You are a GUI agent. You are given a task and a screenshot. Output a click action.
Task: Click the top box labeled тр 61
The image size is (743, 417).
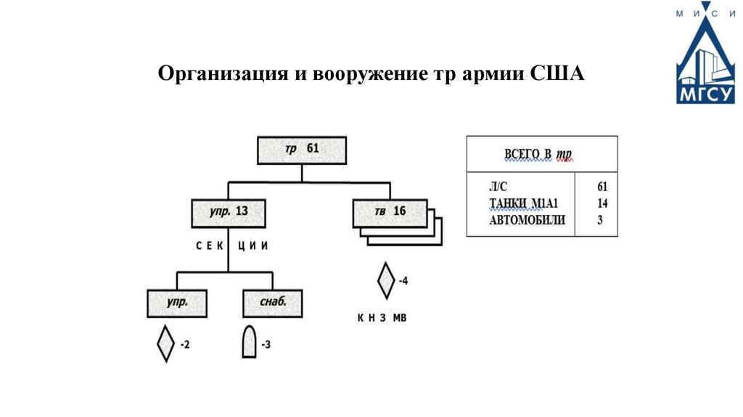tap(302, 150)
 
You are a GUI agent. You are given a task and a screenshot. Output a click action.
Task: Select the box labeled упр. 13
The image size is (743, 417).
tap(227, 212)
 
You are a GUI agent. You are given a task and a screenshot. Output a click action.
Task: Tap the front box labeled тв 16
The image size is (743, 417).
tap(390, 212)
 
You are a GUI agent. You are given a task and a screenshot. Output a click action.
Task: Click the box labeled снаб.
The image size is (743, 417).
tap(272, 303)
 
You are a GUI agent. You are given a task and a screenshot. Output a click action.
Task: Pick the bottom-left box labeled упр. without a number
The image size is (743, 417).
tap(178, 303)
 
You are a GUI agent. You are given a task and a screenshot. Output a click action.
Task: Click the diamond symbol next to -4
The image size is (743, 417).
tap(386, 281)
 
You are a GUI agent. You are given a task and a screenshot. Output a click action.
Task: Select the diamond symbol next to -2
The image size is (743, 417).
tap(166, 344)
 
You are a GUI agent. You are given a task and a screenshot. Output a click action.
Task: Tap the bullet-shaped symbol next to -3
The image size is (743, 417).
tap(249, 342)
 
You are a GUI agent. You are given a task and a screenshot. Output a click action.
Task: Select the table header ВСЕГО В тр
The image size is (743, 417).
tap(538, 154)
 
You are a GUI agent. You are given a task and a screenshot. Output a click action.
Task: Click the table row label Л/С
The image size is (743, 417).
tap(501, 187)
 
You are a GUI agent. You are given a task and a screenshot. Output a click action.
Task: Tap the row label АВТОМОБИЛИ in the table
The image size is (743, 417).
tap(528, 220)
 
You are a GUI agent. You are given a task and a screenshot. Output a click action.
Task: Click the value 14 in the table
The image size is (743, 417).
tap(602, 203)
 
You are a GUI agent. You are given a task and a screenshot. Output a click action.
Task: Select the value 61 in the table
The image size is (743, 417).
tap(602, 187)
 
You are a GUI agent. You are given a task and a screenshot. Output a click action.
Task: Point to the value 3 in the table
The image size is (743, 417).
tap(600, 220)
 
